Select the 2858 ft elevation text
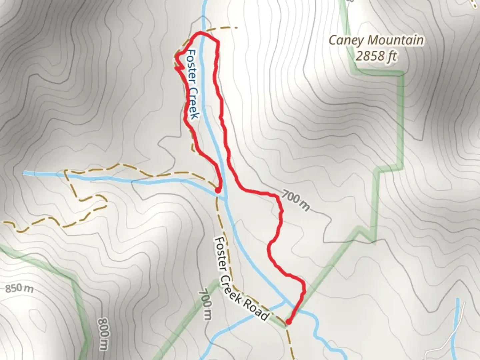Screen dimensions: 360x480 [376, 56]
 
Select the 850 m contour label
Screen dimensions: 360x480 [19, 288]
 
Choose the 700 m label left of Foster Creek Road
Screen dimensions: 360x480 [205, 305]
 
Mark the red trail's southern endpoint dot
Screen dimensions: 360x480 [289, 322]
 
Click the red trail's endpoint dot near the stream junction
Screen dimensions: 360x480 [217, 191]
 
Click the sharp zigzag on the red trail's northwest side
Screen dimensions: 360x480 [178, 67]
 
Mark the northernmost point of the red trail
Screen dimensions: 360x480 [200, 32]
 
